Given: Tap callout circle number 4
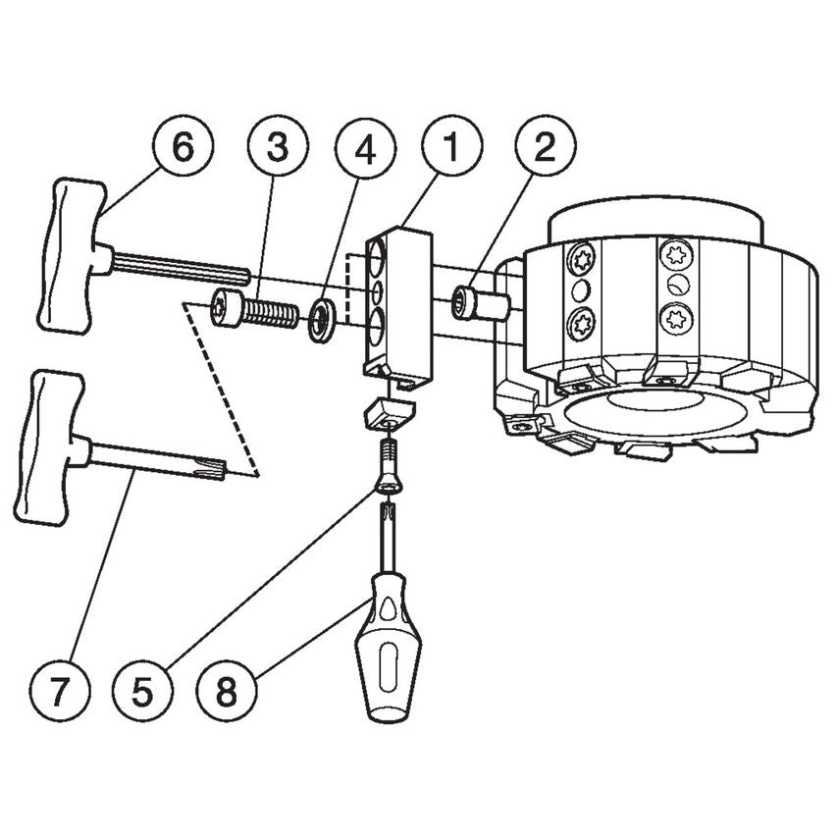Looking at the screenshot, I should point(365,149).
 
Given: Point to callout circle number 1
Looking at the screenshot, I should point(451,149).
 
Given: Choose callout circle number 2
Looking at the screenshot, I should point(545,149).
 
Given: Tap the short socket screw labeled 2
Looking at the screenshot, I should point(478,303).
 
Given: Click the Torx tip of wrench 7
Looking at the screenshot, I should point(217,470).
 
